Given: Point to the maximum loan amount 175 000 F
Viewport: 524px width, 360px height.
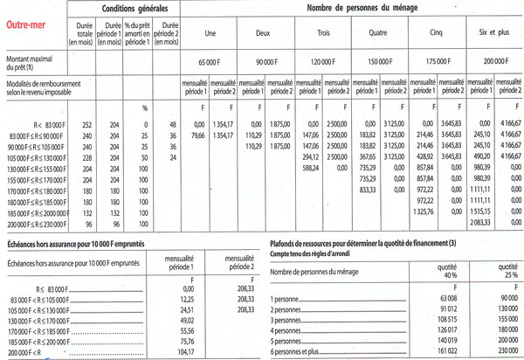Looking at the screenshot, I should [434, 64].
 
